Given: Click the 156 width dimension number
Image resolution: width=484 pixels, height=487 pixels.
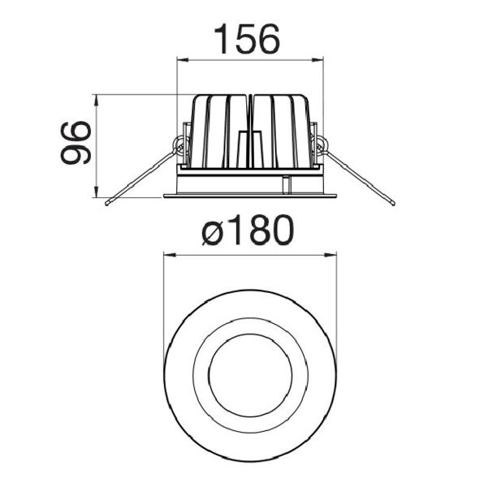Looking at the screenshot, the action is tap(247, 38).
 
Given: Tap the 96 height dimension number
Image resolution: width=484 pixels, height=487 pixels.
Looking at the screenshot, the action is tap(76, 143).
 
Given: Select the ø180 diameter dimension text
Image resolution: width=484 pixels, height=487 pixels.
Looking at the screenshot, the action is tap(248, 230).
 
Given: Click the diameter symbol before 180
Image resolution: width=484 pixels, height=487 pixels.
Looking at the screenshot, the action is tap(213, 234).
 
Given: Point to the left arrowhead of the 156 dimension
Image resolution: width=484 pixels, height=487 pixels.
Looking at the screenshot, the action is tap(183, 59).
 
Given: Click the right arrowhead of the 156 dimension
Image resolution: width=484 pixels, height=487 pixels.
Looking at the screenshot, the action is tap(318, 59).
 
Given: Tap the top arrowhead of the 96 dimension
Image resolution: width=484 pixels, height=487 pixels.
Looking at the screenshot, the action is tap(97, 101).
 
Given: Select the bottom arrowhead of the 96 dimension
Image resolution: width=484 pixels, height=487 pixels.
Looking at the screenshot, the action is tap(97, 191).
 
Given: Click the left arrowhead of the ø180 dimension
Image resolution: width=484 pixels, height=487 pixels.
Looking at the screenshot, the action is tap(170, 255).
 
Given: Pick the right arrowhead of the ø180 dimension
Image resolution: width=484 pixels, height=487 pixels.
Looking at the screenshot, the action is tap(331, 255).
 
